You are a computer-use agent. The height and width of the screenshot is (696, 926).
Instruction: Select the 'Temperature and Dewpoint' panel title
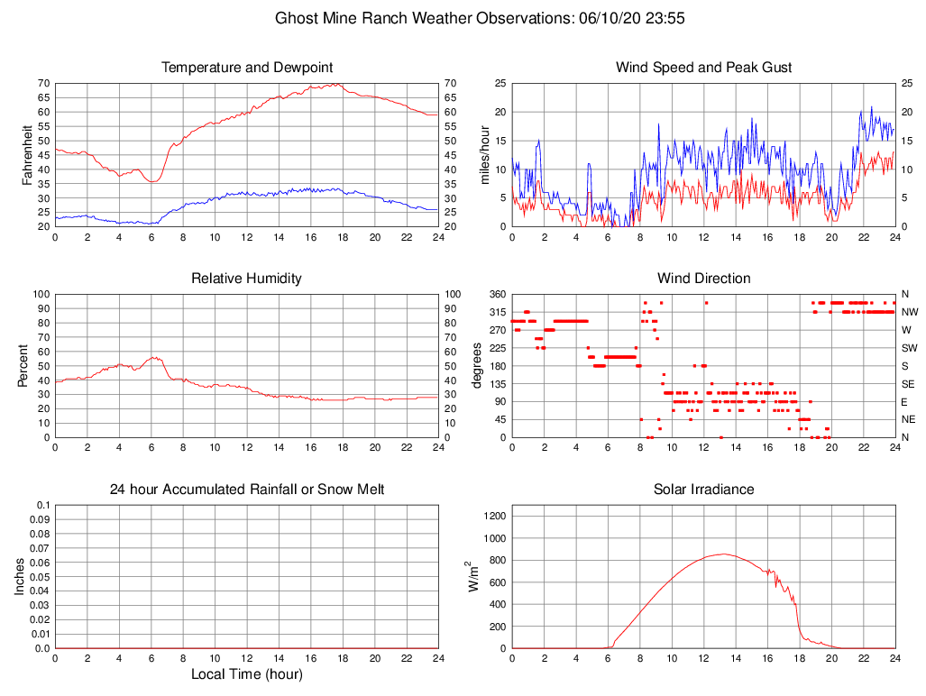pyautogui.click(x=246, y=68)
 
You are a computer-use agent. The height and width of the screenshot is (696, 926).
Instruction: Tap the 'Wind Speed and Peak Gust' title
pyautogui.click(x=703, y=68)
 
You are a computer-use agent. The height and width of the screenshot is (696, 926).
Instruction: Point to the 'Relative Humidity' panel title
pyautogui.click(x=246, y=279)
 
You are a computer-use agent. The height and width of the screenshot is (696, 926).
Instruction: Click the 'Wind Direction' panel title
pyautogui.click(x=703, y=279)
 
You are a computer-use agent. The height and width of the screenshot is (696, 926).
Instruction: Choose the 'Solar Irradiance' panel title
pyautogui.click(x=703, y=490)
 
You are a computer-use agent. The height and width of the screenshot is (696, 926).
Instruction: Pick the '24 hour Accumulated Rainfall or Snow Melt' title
pyautogui.click(x=246, y=490)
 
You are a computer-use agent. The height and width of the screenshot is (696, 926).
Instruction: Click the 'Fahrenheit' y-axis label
pyautogui.click(x=27, y=154)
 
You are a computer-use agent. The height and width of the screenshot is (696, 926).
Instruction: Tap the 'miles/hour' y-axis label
pyautogui.click(x=484, y=154)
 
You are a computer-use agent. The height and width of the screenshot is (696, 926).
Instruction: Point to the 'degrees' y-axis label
pyautogui.click(x=477, y=365)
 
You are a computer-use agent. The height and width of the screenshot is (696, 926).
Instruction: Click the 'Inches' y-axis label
pyautogui.click(x=20, y=576)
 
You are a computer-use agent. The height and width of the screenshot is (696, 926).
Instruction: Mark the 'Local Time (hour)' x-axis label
pyautogui.click(x=246, y=674)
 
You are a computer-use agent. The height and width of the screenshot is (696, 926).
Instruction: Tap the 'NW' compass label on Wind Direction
pyautogui.click(x=909, y=312)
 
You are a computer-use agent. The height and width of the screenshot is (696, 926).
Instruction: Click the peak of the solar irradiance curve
pyautogui.click(x=723, y=554)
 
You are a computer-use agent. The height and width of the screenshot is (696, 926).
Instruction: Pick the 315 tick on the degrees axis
pyautogui.click(x=496, y=312)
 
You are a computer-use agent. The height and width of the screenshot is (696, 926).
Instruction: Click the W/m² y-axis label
pyautogui.click(x=473, y=576)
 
